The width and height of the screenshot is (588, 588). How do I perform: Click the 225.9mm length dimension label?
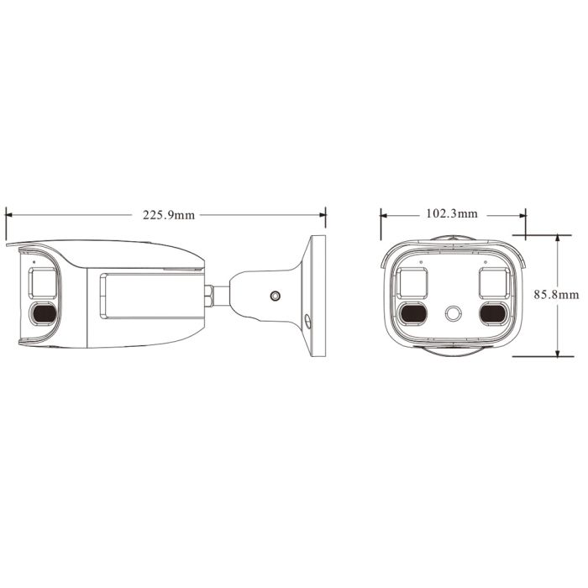(169, 215)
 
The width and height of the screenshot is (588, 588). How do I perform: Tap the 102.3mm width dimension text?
(452, 214)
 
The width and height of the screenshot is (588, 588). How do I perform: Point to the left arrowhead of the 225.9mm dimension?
(9, 215)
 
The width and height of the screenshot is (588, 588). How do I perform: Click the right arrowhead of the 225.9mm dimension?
(323, 215)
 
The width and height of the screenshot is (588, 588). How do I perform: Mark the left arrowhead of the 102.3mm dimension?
(384, 214)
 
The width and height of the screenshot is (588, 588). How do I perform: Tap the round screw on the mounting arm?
(275, 296)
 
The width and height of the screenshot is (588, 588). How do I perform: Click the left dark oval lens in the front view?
(412, 313)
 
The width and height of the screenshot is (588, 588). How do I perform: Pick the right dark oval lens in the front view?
(493, 313)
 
